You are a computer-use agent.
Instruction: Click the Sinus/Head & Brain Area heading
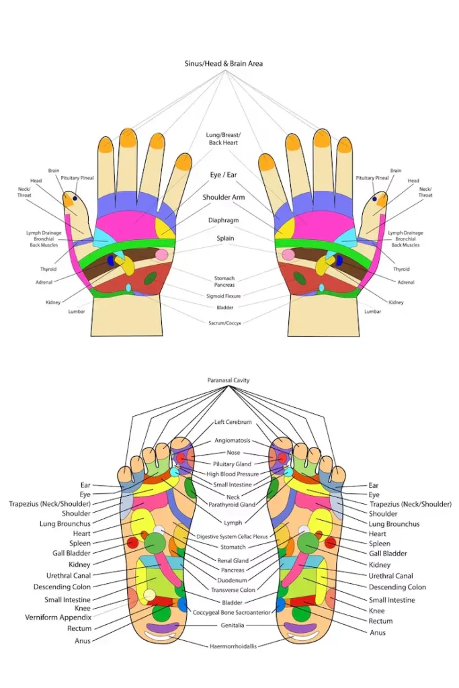[x=224, y=64]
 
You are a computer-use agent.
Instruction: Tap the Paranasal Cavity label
[x=228, y=380]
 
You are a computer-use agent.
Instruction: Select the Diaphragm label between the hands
[x=223, y=220]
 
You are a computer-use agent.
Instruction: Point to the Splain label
[x=225, y=238]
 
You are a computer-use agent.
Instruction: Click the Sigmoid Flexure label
[x=224, y=296]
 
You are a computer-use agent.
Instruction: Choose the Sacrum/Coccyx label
[x=224, y=322]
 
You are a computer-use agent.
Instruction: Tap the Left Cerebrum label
[x=233, y=422]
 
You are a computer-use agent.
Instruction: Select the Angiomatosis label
[x=233, y=441]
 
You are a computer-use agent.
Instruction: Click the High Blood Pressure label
[x=233, y=474]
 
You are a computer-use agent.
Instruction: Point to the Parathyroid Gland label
[x=233, y=505]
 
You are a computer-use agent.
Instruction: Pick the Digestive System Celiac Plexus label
[x=233, y=537]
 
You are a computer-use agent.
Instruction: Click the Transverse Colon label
[x=233, y=591]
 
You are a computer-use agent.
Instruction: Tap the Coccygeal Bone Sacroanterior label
[x=232, y=612]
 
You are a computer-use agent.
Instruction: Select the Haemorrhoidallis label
[x=233, y=646]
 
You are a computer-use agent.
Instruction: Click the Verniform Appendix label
[x=58, y=617]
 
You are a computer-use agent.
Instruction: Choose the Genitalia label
[x=233, y=624]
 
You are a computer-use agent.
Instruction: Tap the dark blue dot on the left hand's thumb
[x=74, y=199]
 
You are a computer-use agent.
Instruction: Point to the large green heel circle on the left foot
[x=161, y=613]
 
